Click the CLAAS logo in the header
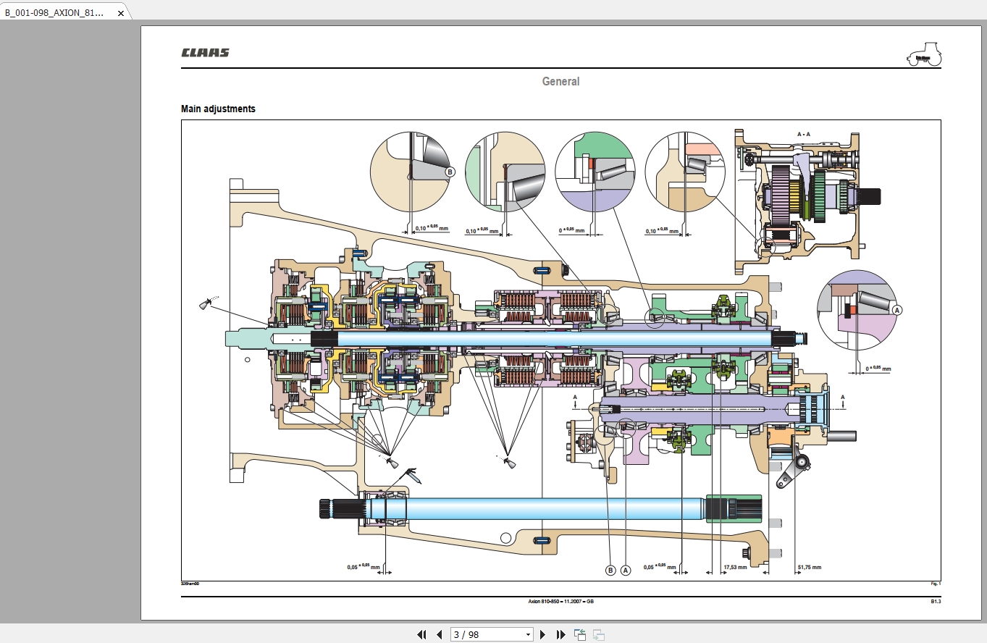pos(205,53)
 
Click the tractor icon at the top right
pos(924,54)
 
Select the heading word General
pos(560,82)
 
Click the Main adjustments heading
pos(218,109)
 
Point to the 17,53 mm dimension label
pos(736,567)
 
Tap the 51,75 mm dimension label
pos(810,567)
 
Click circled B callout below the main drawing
pos(610,570)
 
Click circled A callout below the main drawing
pos(626,570)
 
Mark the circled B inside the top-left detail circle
pos(450,172)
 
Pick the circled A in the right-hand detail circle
pos(897,309)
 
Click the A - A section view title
pos(804,135)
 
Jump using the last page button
pos(560,634)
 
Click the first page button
pos(421,634)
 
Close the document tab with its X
pos(121,13)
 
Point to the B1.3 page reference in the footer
pos(936,601)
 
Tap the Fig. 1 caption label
pos(936,583)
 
